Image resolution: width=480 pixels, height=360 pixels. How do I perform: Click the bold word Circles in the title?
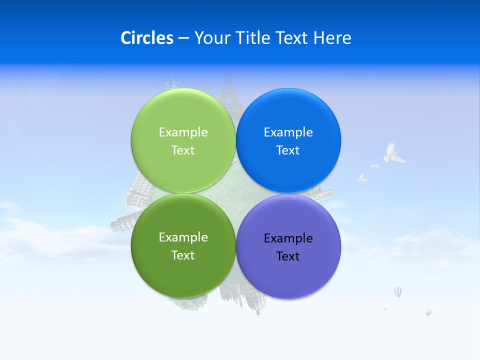[147, 37]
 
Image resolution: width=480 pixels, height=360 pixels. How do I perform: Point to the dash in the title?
[183, 38]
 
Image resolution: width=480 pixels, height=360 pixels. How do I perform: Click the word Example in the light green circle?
[183, 132]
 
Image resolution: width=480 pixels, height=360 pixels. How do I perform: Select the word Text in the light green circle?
[183, 150]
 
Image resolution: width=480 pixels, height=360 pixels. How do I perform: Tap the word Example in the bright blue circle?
[288, 132]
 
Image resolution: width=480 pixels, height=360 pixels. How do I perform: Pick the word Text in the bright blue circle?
[288, 150]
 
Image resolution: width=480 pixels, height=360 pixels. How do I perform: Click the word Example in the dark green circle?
[183, 237]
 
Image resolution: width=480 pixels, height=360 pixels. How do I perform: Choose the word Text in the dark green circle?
[183, 255]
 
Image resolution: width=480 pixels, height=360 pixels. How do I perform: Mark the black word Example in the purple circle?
[288, 238]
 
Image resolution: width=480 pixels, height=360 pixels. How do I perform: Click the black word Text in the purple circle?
[288, 256]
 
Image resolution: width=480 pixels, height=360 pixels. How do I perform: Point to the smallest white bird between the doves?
[375, 165]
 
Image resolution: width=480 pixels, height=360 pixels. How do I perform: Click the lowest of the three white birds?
[363, 177]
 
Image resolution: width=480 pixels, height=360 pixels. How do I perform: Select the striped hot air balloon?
[397, 291]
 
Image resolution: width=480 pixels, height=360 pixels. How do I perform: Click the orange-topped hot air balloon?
[428, 312]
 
